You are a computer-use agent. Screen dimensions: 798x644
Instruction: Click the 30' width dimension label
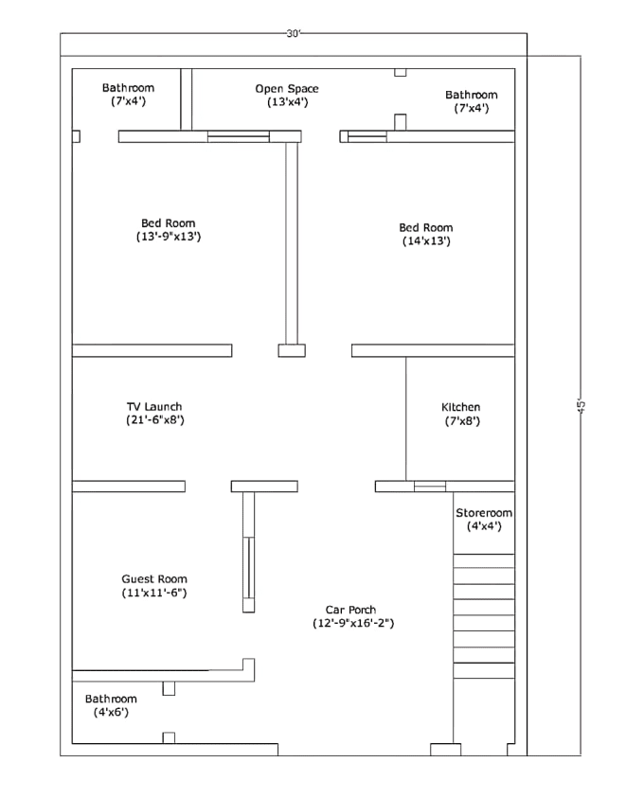(x=294, y=33)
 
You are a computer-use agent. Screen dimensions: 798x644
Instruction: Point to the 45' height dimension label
(x=581, y=405)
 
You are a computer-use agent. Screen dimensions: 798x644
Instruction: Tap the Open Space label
(x=287, y=89)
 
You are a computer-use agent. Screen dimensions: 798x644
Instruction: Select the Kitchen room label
(x=461, y=407)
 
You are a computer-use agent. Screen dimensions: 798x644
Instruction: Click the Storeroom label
(x=484, y=513)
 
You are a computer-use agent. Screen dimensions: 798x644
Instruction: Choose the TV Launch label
(x=154, y=407)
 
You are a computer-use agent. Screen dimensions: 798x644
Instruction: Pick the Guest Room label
(x=154, y=579)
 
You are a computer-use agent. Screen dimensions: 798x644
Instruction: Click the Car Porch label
(x=351, y=611)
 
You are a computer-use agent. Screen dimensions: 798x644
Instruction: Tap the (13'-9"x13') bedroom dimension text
(x=169, y=237)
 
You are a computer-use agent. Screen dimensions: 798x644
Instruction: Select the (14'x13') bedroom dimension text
(x=426, y=241)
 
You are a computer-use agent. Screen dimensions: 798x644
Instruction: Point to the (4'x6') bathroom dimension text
(x=111, y=712)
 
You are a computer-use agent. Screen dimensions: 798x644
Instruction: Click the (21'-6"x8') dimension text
(x=154, y=419)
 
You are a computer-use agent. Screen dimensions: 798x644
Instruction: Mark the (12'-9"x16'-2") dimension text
(x=353, y=623)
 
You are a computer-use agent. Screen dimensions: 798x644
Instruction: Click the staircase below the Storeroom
(x=484, y=615)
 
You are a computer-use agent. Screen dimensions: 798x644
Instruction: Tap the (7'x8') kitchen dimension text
(x=461, y=420)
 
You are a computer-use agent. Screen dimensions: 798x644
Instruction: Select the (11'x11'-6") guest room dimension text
(x=154, y=593)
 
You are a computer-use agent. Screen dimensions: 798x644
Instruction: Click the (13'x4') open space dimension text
(x=287, y=102)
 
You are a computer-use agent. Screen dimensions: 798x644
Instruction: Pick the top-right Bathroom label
(x=472, y=95)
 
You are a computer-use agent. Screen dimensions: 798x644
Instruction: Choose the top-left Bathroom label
(x=128, y=88)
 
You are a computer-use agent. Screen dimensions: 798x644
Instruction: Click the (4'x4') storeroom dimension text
(x=484, y=526)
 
